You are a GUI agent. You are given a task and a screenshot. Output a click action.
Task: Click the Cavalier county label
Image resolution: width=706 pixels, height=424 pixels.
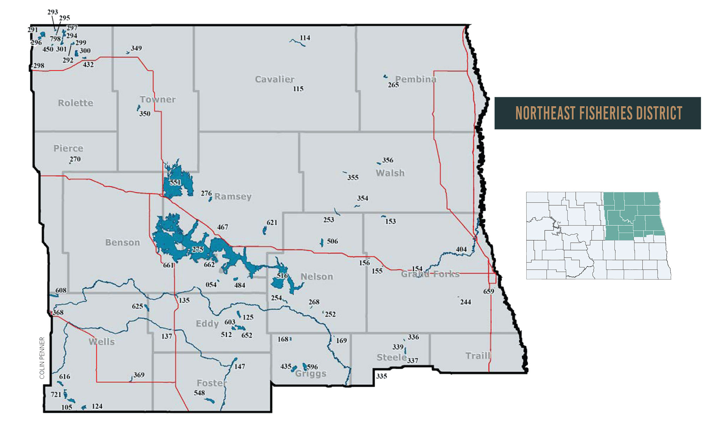(275, 79)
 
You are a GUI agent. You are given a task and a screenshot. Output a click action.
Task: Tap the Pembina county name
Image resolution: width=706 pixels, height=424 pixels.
(415, 79)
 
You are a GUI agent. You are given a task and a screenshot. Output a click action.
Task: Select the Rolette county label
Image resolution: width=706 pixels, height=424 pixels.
(76, 103)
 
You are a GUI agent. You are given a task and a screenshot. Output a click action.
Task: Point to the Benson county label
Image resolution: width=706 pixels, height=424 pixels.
(122, 242)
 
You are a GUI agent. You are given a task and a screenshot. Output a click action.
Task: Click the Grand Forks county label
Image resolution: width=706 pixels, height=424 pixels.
(430, 274)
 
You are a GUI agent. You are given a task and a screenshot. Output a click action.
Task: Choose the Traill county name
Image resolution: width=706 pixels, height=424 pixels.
(478, 355)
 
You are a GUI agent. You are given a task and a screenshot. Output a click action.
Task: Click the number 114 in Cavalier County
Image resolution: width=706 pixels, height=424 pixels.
(305, 38)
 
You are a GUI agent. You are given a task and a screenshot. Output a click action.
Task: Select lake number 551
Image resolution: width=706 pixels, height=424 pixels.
(175, 182)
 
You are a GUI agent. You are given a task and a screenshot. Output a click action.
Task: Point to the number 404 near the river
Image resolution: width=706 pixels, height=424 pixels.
(461, 249)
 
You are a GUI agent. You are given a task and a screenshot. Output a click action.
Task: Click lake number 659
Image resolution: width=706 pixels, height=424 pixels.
(489, 291)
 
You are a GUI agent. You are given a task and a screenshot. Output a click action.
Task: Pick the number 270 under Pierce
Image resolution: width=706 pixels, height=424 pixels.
(75, 159)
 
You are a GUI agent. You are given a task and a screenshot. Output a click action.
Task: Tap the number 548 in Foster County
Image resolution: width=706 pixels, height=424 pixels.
(199, 393)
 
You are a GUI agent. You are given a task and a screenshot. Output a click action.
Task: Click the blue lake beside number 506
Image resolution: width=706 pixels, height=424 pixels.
(322, 242)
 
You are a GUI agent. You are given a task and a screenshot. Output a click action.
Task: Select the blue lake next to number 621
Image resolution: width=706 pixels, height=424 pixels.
(264, 231)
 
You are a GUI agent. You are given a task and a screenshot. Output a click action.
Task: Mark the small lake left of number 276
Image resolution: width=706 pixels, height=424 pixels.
(210, 199)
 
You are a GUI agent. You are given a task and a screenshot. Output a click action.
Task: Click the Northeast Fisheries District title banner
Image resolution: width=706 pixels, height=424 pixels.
(597, 113)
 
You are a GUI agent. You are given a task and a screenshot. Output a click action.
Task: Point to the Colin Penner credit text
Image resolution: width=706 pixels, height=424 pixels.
(42, 358)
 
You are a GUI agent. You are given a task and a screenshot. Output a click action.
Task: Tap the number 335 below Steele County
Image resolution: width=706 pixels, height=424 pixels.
(381, 376)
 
